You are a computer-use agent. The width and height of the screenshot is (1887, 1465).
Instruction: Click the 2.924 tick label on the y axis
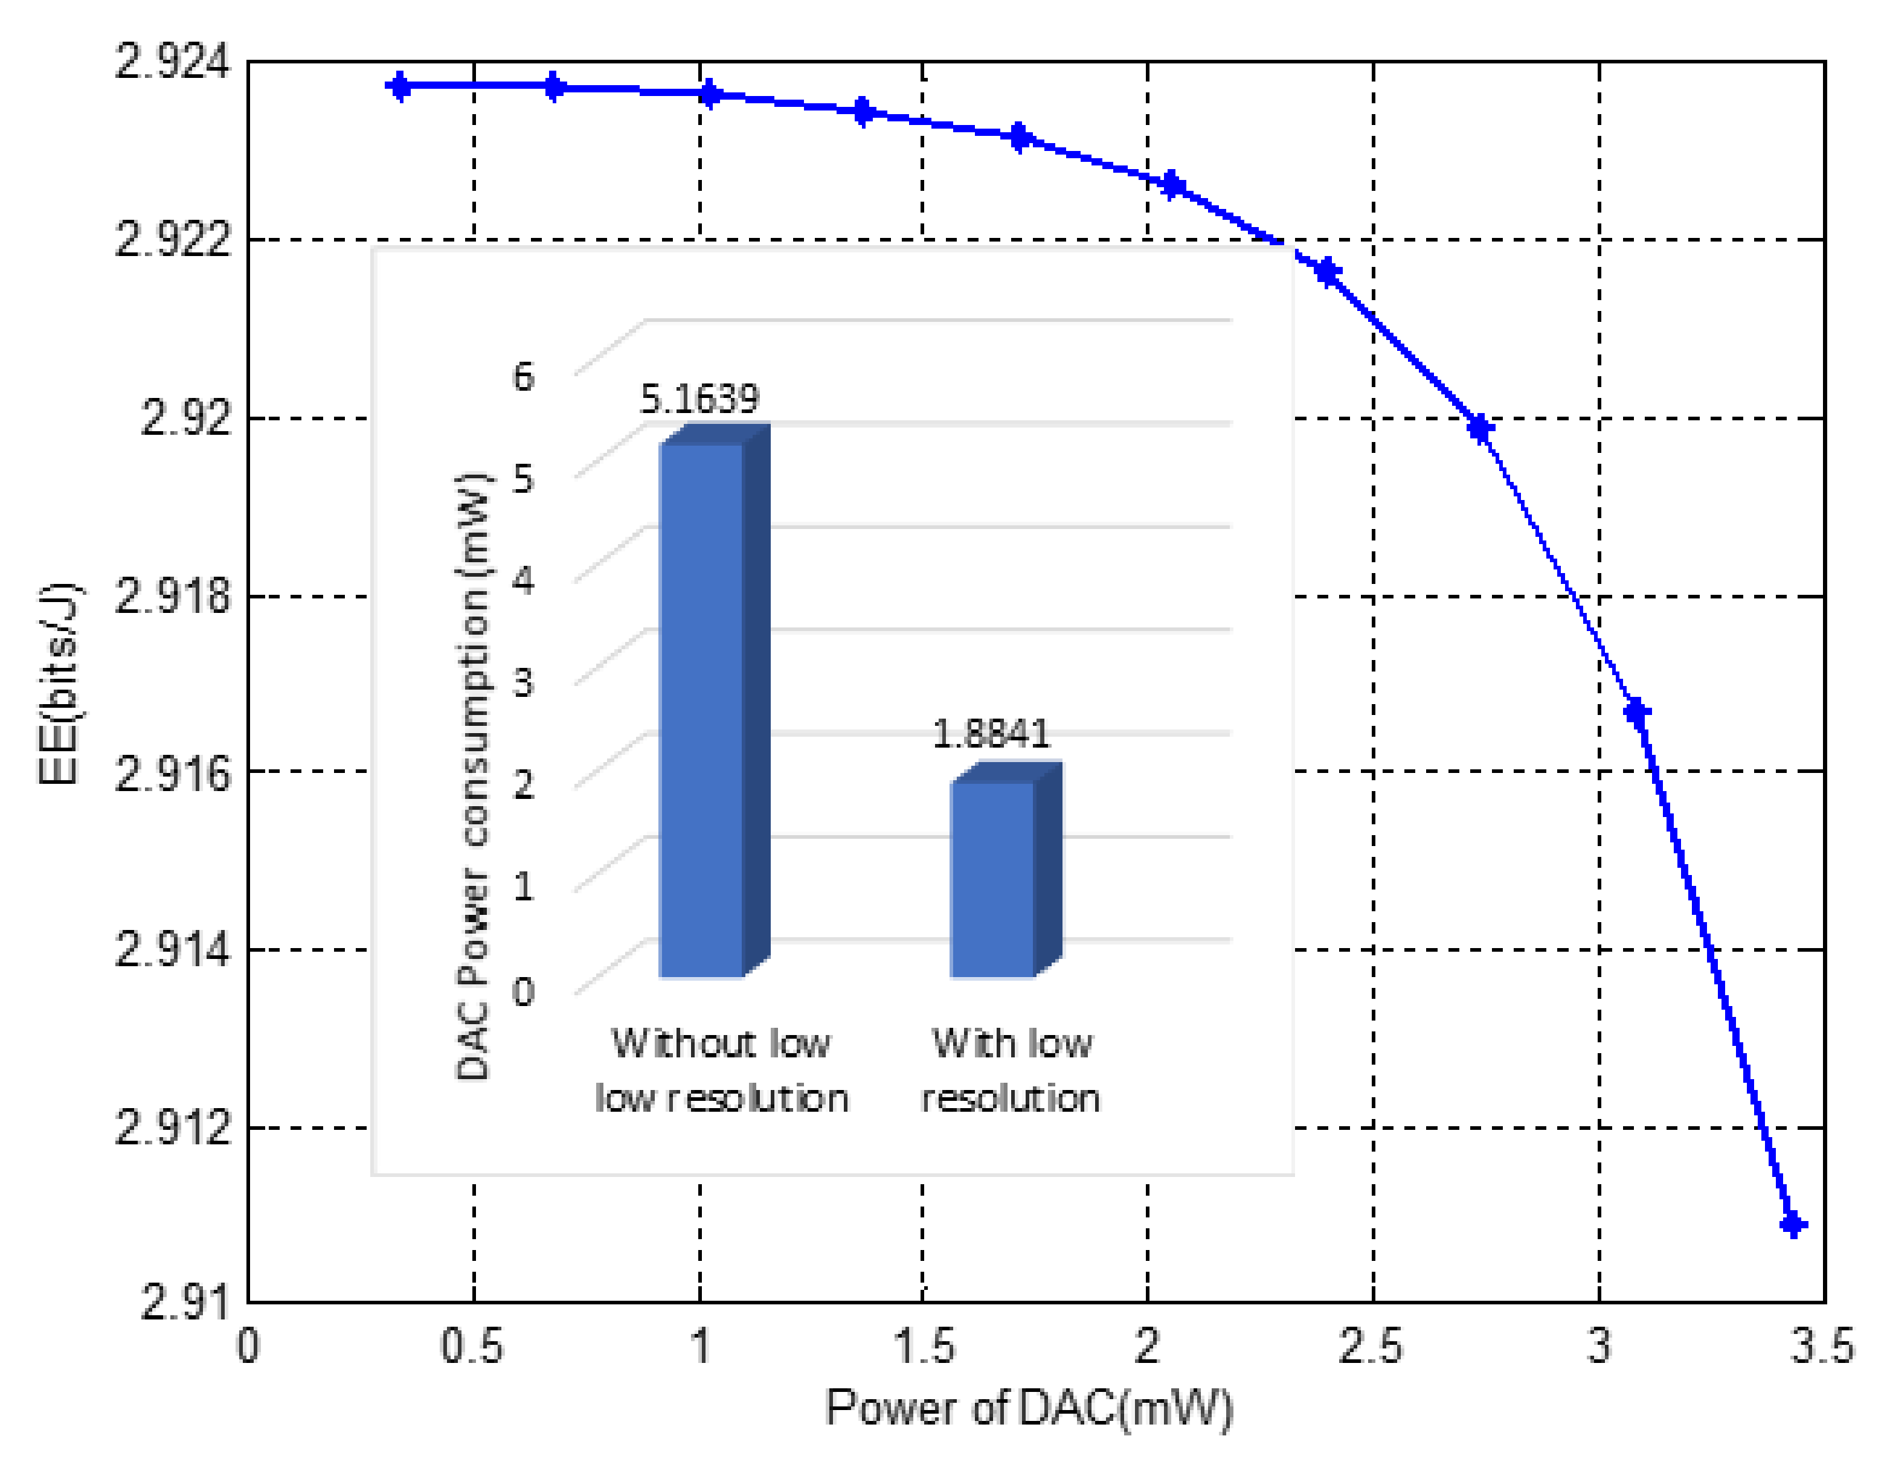[x=173, y=62]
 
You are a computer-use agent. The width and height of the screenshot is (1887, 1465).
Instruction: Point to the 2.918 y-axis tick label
[x=173, y=596]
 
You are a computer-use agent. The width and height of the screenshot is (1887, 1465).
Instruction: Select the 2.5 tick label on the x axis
[x=1371, y=1347]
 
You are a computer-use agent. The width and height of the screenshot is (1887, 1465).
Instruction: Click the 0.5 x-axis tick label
[x=472, y=1347]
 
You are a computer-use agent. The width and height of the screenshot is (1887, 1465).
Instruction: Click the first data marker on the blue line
[x=399, y=86]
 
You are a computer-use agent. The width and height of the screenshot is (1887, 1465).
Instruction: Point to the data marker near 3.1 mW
[x=1636, y=713]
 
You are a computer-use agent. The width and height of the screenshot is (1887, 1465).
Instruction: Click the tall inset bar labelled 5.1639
[x=701, y=708]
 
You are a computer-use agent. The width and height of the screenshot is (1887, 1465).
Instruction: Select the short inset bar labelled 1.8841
[x=992, y=877]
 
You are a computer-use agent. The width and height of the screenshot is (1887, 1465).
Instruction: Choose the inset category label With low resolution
[x=1011, y=1070]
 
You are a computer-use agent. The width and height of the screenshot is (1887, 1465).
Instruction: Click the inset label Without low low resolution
[x=721, y=1070]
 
